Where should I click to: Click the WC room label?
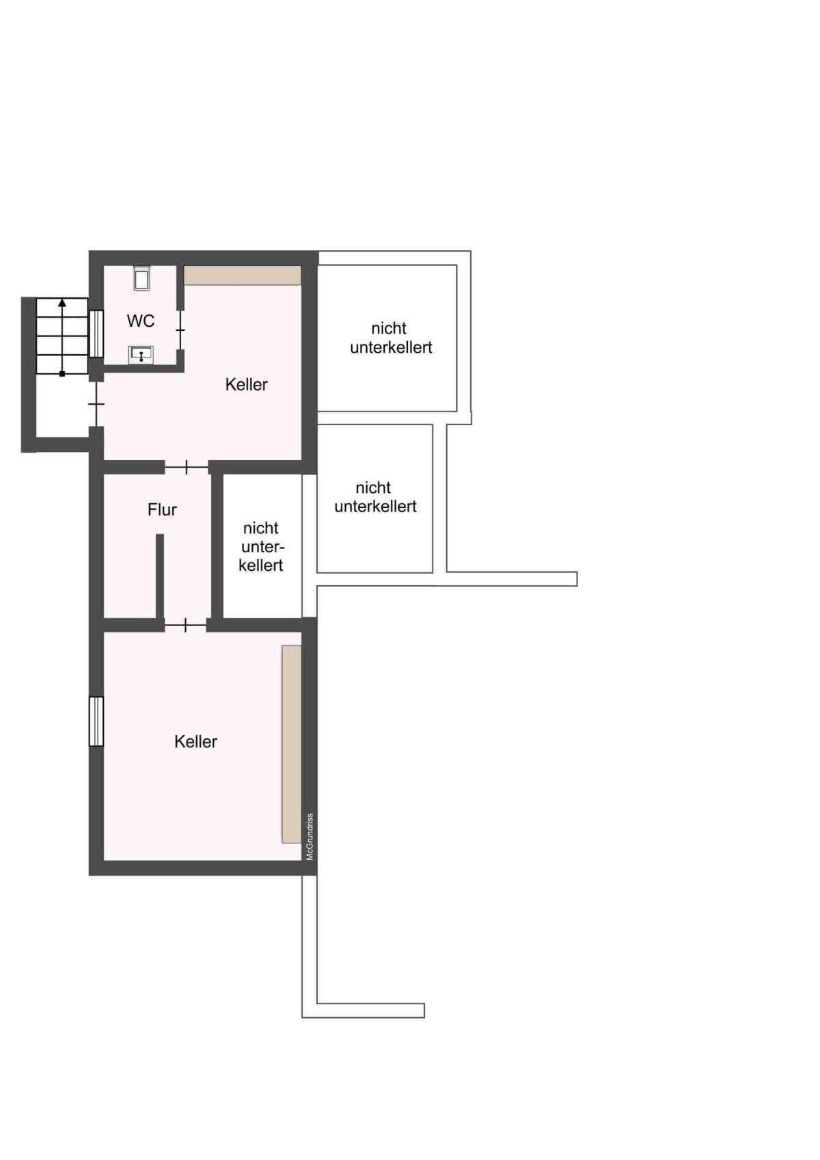tap(140, 321)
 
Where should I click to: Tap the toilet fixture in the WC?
tap(141, 279)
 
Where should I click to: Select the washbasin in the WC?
tap(141, 355)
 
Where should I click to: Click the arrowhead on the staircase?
tap(62, 303)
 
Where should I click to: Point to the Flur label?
tap(162, 509)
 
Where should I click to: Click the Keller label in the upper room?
tap(247, 384)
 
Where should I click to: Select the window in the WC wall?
tap(96, 334)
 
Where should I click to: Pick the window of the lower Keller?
tap(96, 721)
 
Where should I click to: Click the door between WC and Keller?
tap(180, 330)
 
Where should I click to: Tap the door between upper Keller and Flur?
tap(187, 467)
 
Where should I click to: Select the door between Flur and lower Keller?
tap(186, 625)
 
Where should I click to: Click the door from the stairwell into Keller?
tap(96, 404)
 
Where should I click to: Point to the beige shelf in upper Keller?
tap(243, 275)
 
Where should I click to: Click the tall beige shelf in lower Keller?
tap(292, 744)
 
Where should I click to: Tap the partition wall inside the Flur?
tap(160, 576)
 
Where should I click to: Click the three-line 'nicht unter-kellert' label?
tap(262, 547)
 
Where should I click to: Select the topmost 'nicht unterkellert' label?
tap(391, 338)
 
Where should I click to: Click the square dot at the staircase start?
tap(62, 373)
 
